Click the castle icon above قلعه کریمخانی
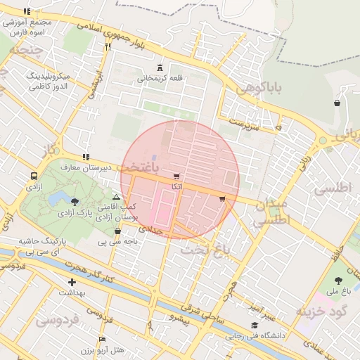tap(160, 68)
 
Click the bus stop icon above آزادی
tap(34, 176)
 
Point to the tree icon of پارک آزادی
tap(75, 202)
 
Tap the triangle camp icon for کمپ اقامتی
tap(116, 197)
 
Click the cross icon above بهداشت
tap(72, 282)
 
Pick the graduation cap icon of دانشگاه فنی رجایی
tap(254, 326)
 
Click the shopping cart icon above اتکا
tap(176, 176)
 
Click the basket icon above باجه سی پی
tap(117, 231)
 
